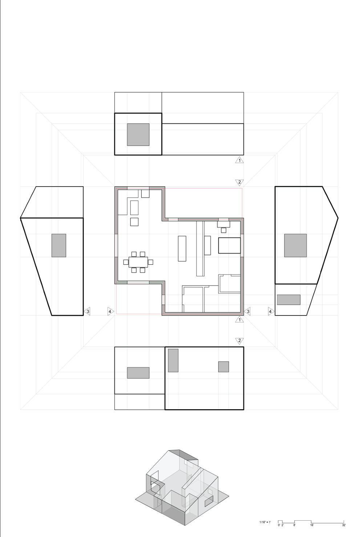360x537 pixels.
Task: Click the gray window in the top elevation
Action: click(138, 134)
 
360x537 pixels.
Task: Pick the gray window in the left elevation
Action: click(59, 245)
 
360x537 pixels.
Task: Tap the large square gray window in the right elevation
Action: click(295, 245)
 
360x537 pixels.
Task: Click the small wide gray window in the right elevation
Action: click(288, 300)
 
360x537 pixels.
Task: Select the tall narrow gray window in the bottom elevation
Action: click(173, 360)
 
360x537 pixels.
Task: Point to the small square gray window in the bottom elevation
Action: click(223, 367)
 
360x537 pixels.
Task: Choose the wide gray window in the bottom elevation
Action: click(138, 373)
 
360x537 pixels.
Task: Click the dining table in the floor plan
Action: click(138, 262)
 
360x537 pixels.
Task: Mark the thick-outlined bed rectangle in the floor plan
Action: click(229, 245)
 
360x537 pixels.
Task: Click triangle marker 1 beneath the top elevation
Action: click(239, 160)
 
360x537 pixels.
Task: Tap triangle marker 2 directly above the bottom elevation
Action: click(239, 341)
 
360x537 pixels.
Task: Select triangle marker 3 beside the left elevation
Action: click(87, 312)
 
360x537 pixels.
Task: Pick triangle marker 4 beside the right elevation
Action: click(271, 312)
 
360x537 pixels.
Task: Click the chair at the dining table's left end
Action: click(126, 262)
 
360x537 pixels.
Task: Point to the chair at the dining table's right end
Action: click(151, 262)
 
